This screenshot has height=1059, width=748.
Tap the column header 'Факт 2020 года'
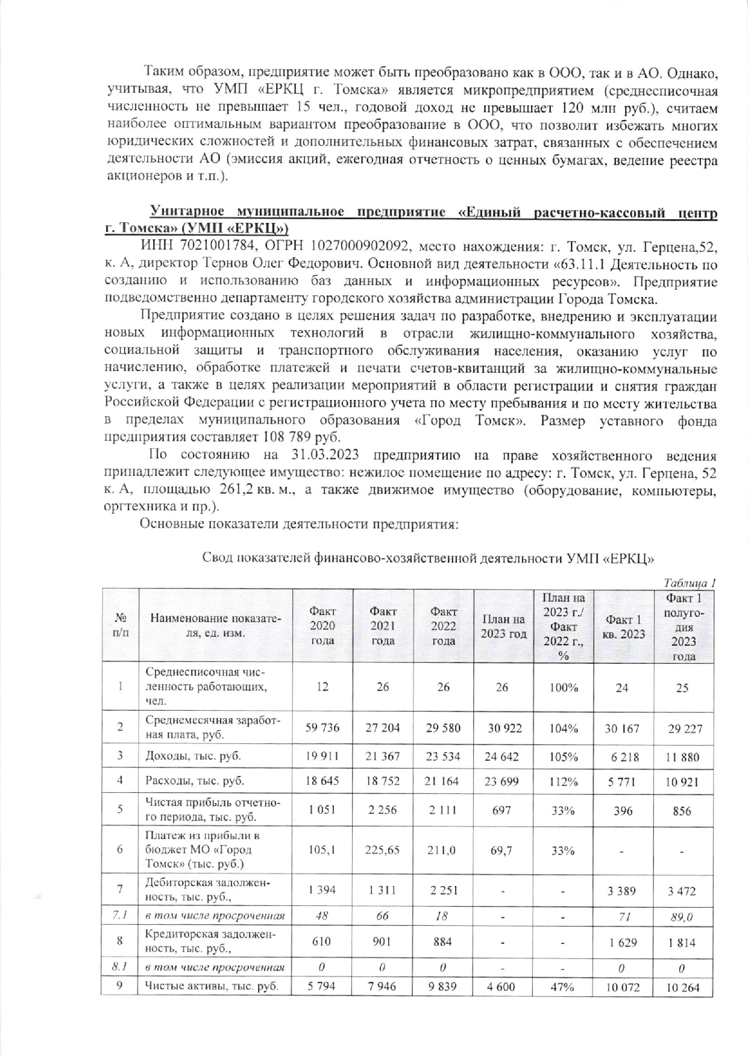pyautogui.click(x=322, y=626)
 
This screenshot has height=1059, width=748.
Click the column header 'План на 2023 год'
pyautogui.click(x=503, y=626)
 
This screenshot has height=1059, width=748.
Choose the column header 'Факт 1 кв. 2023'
pyautogui.click(x=624, y=626)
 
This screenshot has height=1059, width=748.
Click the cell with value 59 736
pyautogui.click(x=322, y=728)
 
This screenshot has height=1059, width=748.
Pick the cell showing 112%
pyautogui.click(x=564, y=781)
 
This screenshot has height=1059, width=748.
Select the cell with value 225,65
pyautogui.click(x=383, y=850)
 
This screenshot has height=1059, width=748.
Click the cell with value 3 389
pyautogui.click(x=624, y=890)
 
